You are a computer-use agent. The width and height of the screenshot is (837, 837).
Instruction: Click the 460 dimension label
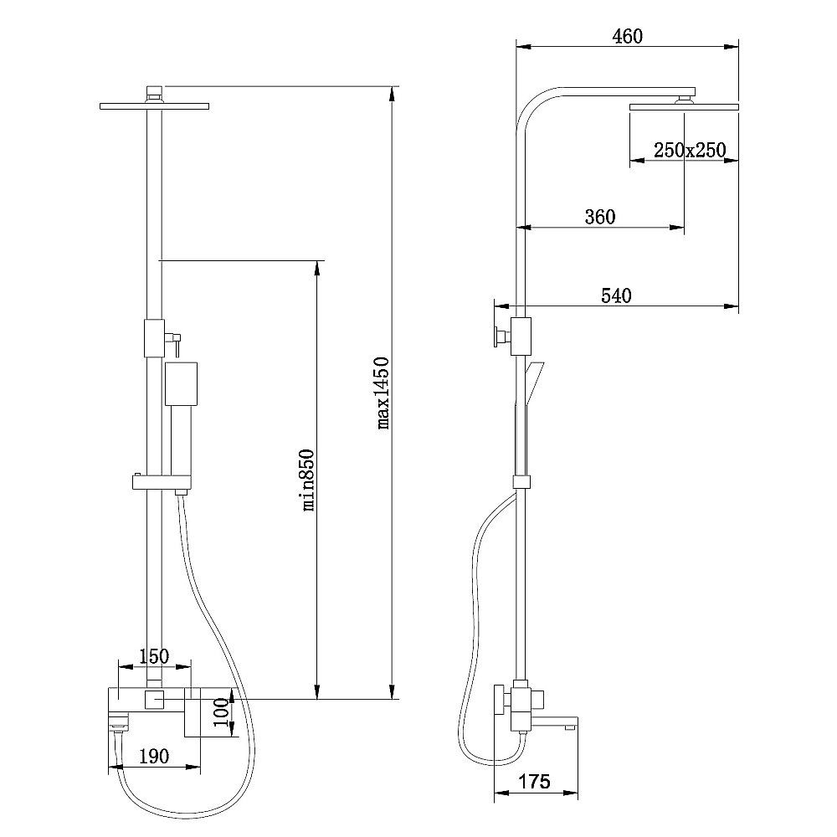tap(627, 36)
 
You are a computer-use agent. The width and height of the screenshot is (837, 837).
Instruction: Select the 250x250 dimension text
tap(690, 150)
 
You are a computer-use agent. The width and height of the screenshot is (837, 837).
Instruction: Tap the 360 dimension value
tap(600, 217)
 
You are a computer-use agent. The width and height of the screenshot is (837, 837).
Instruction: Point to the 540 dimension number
tap(616, 295)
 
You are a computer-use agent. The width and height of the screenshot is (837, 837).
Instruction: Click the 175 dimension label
tap(534, 782)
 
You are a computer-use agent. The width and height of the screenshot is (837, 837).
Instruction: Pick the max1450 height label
tap(383, 393)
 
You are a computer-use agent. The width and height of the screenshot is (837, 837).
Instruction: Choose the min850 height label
tap(309, 480)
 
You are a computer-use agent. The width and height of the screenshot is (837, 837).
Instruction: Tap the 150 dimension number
tap(154, 656)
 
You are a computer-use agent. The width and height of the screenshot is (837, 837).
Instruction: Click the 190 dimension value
tap(154, 756)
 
